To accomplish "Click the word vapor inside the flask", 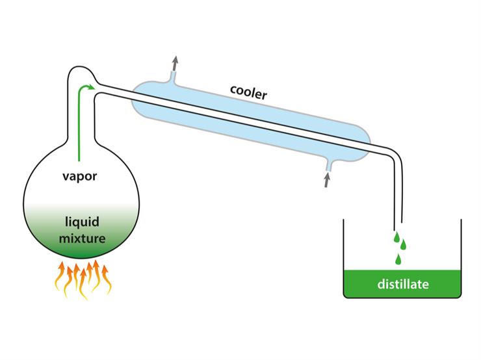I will click(79, 176).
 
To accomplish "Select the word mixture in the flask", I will click(82, 238).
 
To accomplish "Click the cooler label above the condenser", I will click(248, 92).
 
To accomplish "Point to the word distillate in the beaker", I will click(404, 285).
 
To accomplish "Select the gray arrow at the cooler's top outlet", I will click(174, 63).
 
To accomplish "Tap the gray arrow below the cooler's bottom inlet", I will click(326, 179).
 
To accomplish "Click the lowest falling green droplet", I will click(398, 259).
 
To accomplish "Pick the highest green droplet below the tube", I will click(396, 237).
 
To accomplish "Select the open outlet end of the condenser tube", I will click(398, 223).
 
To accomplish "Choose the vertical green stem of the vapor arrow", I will click(78, 123).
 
